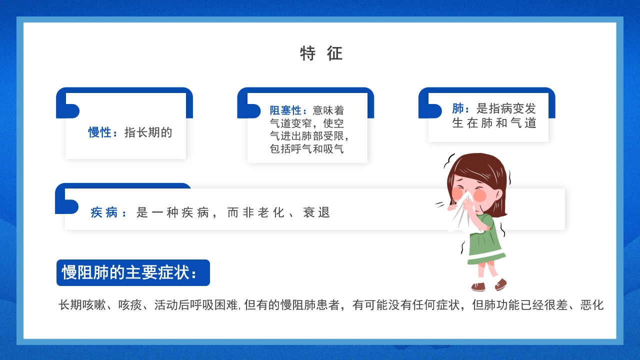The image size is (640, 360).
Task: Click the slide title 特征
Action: [321, 53]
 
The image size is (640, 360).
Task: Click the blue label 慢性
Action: [99, 132]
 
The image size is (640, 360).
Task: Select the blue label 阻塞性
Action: [285, 110]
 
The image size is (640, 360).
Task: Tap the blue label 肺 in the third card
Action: [458, 108]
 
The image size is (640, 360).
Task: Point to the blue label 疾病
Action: [104, 212]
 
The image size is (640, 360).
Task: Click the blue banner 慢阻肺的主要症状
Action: [133, 272]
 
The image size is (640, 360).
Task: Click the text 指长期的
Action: [148, 132]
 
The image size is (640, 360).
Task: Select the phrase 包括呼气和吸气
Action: [306, 149]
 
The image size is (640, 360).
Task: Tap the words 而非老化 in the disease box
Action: [255, 212]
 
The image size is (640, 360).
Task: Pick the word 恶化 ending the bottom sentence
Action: [592, 305]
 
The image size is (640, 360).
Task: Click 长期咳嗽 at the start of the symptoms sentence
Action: [82, 305]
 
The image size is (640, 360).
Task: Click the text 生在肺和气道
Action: [494, 123]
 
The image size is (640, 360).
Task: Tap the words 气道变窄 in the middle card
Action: [291, 123]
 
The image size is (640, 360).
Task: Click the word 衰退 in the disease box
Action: [316, 212]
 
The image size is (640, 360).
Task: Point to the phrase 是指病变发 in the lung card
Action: [506, 108]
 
